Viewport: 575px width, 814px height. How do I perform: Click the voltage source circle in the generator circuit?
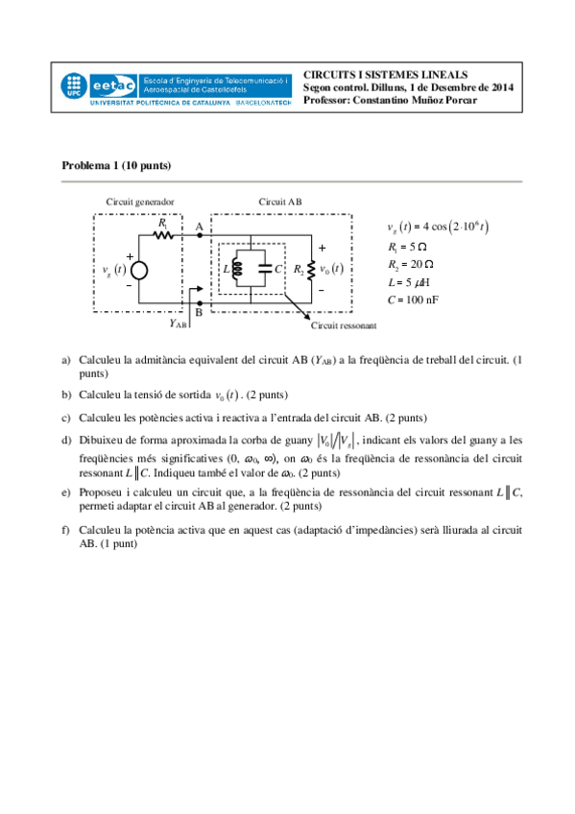[x=140, y=270]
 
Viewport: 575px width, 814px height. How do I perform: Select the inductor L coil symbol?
[x=236, y=270]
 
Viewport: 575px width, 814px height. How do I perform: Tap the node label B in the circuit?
[x=199, y=312]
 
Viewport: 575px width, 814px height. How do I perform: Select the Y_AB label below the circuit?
[x=179, y=323]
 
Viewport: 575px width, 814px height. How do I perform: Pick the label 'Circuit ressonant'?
[x=340, y=326]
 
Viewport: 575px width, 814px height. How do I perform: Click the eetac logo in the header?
[x=114, y=84]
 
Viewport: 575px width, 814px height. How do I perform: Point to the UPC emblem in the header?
[x=74, y=85]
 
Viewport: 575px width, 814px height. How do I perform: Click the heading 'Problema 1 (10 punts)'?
[x=116, y=165]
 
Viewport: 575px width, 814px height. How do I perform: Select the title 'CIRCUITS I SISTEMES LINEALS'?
[x=386, y=74]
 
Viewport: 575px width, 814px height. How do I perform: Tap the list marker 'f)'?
[x=66, y=530]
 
